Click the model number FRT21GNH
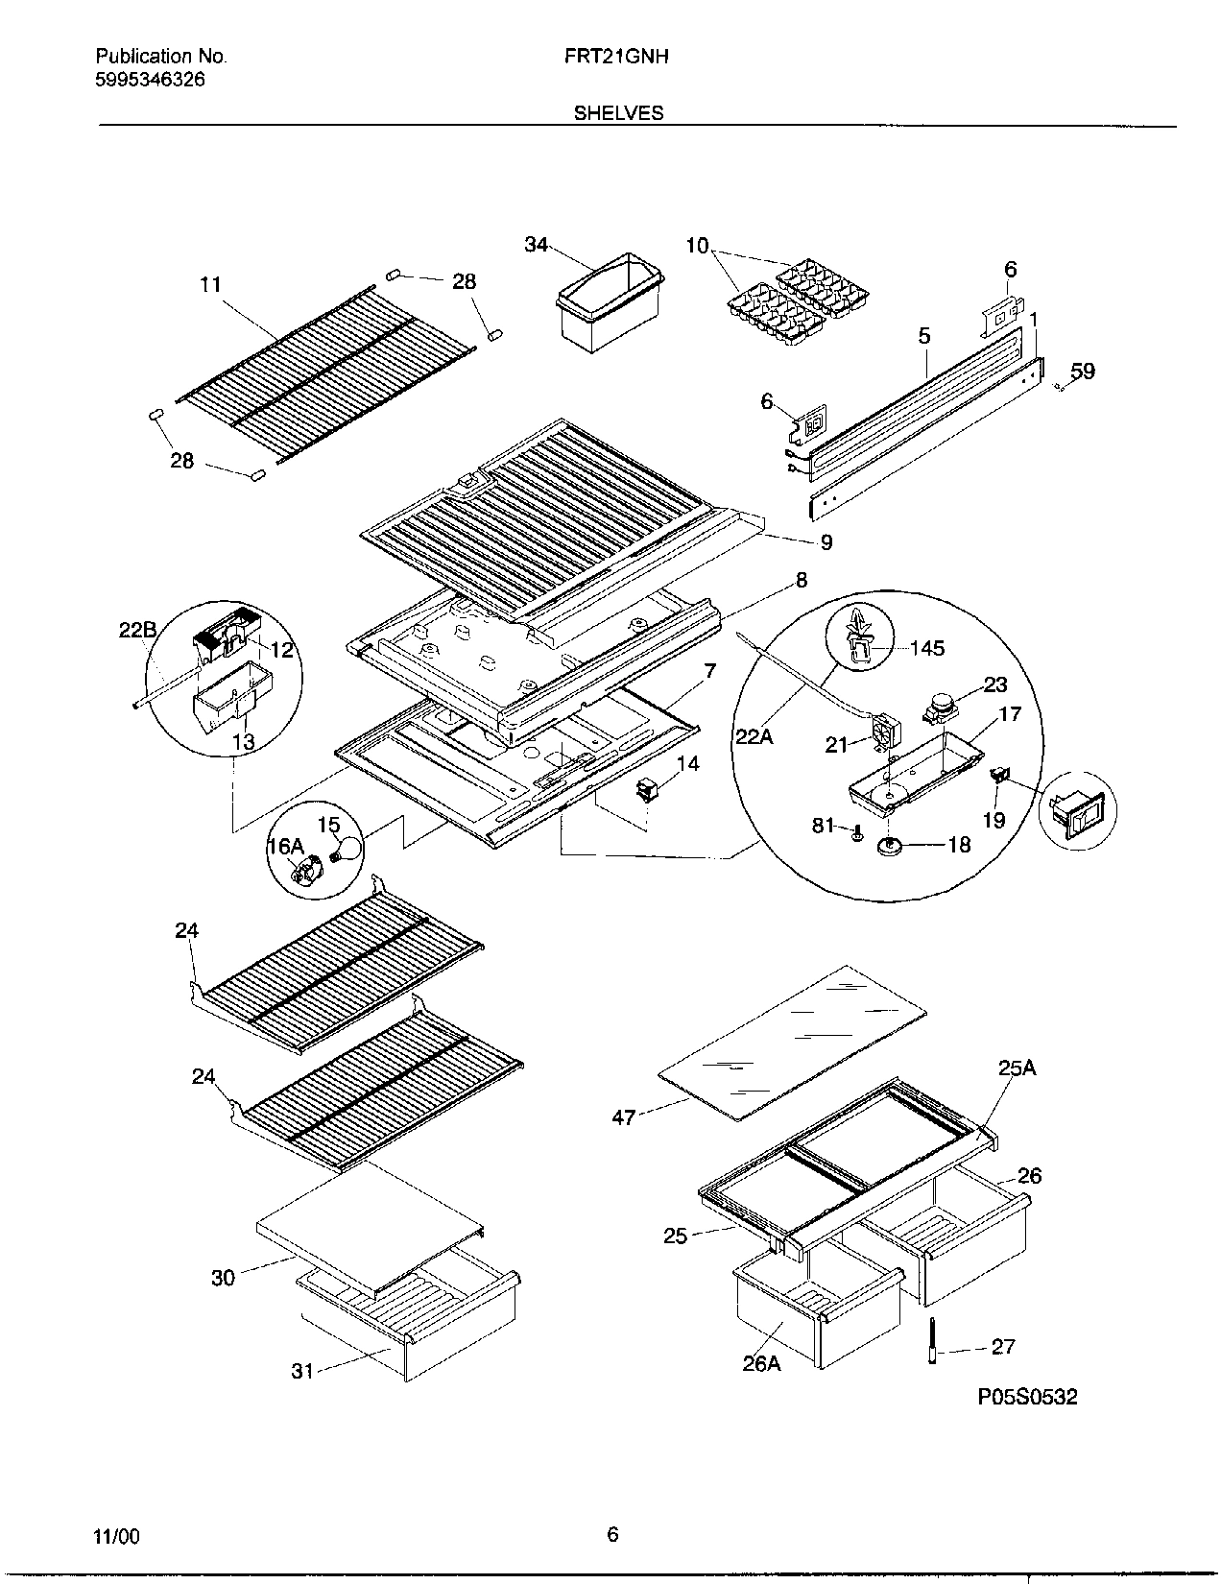pyautogui.click(x=617, y=57)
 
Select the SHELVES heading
pyautogui.click(x=618, y=113)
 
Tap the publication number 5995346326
pyautogui.click(x=150, y=81)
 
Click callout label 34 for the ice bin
pyautogui.click(x=536, y=245)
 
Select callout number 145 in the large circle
pyautogui.click(x=926, y=648)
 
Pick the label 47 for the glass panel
pyautogui.click(x=624, y=1117)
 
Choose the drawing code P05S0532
pyautogui.click(x=1027, y=1397)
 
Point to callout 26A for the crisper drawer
pyautogui.click(x=761, y=1362)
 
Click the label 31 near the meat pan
pyautogui.click(x=302, y=1372)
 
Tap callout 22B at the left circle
pyautogui.click(x=137, y=630)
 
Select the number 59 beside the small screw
pyautogui.click(x=1083, y=372)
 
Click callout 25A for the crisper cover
pyautogui.click(x=1017, y=1068)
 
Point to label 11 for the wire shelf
pyautogui.click(x=210, y=284)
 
